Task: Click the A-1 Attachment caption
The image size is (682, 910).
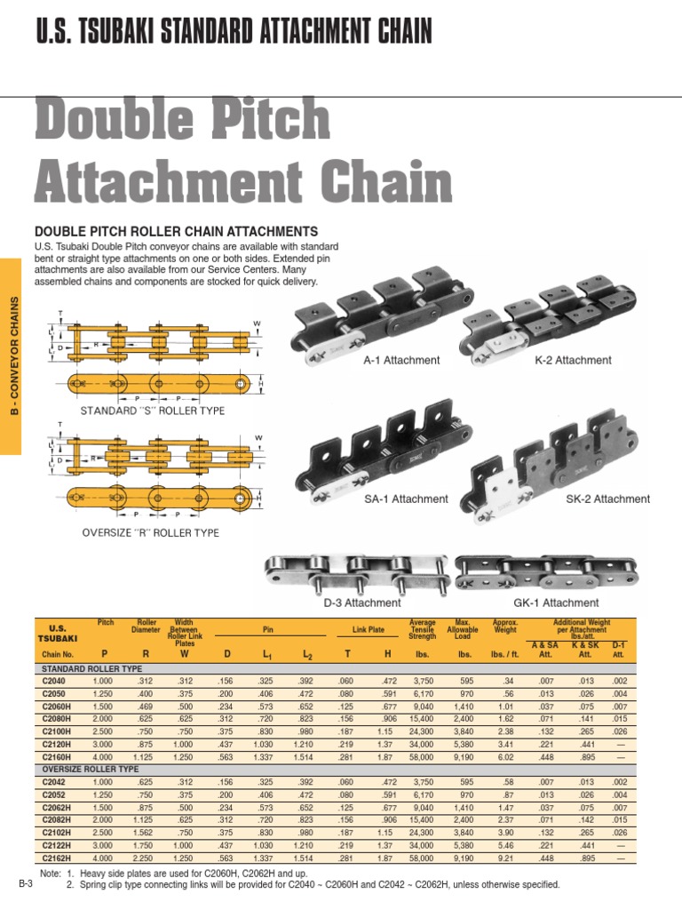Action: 401,360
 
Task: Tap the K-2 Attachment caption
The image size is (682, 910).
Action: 573,360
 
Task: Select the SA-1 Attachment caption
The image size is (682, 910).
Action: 406,499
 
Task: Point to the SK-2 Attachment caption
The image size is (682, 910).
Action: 607,499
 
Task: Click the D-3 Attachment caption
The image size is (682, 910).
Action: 361,603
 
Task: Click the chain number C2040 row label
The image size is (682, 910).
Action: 55,680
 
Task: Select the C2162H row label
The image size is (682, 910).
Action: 57,859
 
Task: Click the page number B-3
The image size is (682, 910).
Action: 25,885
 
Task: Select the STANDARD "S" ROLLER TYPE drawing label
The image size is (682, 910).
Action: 153,411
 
